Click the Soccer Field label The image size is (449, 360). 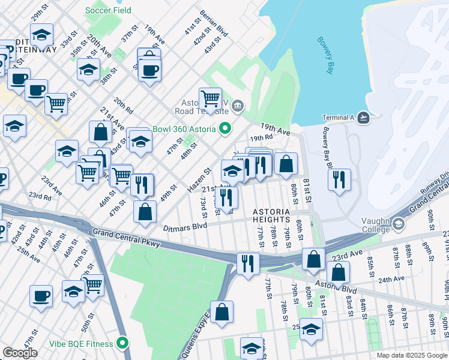click(x=109, y=10)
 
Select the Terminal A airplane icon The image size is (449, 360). click(x=363, y=118)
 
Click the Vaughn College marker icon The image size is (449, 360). click(x=399, y=224)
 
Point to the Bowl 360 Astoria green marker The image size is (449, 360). click(x=226, y=128)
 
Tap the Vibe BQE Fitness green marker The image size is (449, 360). click(x=123, y=344)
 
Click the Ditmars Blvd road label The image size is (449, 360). click(x=185, y=227)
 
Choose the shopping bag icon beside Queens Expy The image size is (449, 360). click(x=221, y=311)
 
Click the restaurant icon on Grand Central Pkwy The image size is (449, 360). click(x=248, y=263)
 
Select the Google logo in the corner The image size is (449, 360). click(x=20, y=353)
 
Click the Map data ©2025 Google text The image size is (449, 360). click(x=412, y=355)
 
